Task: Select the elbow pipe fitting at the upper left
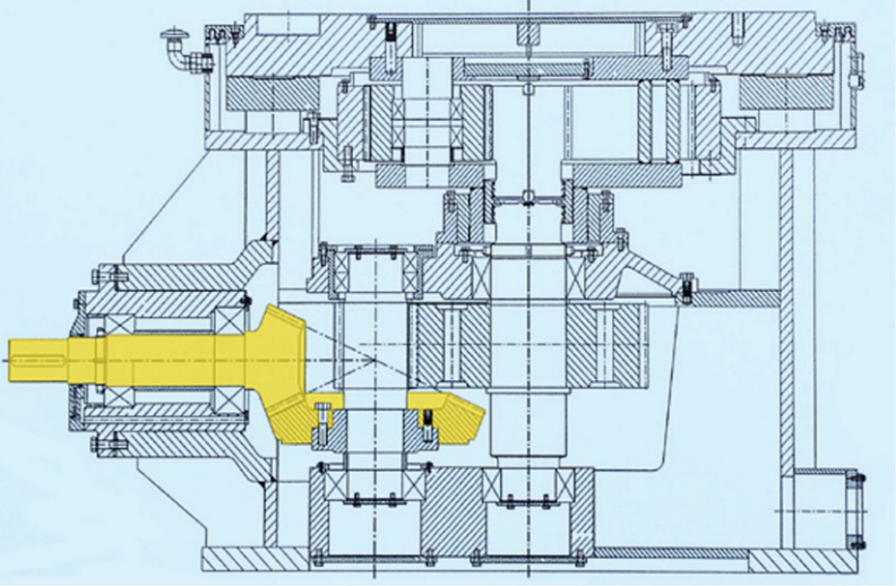tap(180, 57)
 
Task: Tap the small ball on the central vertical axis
tap(528, 196)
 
